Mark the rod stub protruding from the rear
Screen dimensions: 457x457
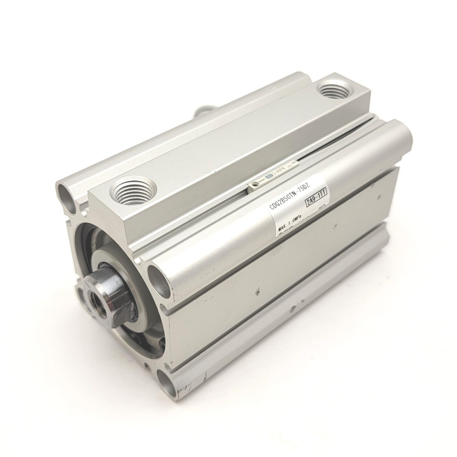click(202, 113)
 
